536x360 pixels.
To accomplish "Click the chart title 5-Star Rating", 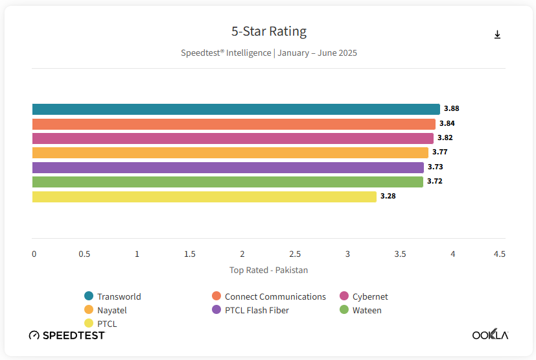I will tap(268, 31).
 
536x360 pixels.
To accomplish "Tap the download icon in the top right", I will tap(497, 35).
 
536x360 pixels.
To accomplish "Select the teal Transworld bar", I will tap(236, 109).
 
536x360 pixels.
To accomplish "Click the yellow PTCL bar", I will tap(204, 197).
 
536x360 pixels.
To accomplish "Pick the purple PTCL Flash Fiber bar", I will tap(227, 167).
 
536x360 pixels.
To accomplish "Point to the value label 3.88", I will tap(451, 109).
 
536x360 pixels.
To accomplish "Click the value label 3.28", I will tap(388, 196).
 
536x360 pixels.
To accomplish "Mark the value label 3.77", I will tap(440, 152).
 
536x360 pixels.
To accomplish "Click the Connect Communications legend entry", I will tap(275, 296).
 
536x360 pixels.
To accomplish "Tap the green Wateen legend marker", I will tap(345, 310).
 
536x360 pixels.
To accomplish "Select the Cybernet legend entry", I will tap(369, 296).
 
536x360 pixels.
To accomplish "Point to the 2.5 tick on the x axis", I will tap(295, 254).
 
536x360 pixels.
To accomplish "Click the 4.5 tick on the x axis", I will tap(499, 254).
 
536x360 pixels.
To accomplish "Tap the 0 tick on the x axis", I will tap(34, 254).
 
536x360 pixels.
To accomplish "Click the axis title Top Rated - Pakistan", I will tap(268, 270).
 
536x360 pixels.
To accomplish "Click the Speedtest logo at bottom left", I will tap(67, 335).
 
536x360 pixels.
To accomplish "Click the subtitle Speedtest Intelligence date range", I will tap(268, 53).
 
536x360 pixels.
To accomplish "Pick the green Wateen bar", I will tap(227, 182).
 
